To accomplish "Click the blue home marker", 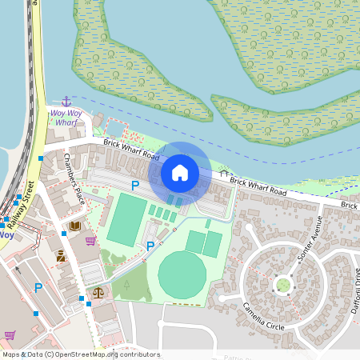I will pyautogui.click(x=180, y=172).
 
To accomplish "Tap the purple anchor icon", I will pyautogui.click(x=66, y=102).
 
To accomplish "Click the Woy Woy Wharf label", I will pyautogui.click(x=66, y=118).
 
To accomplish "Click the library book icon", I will pyautogui.click(x=74, y=226).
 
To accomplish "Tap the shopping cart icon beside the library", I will pyautogui.click(x=90, y=240).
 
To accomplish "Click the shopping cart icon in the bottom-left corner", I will pyautogui.click(x=10, y=335).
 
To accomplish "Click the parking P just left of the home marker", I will pyautogui.click(x=135, y=185).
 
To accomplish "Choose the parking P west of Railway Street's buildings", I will pyautogui.click(x=37, y=288).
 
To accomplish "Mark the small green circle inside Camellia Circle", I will pyautogui.click(x=282, y=285).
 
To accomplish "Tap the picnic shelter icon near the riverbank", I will pyautogui.click(x=224, y=173).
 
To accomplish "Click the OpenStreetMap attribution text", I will pyautogui.click(x=80, y=354).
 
